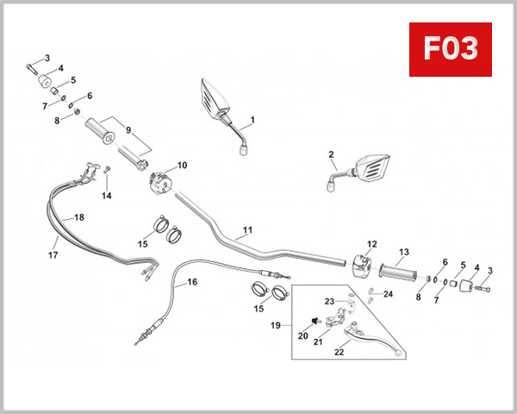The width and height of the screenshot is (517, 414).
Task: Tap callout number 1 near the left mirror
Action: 253,120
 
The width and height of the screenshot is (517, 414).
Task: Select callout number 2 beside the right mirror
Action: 331,155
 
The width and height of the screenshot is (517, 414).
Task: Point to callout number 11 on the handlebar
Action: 247,230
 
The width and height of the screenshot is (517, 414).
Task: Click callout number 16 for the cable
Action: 192,282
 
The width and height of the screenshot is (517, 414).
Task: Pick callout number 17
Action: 53,255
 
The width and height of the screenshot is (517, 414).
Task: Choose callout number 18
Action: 79,217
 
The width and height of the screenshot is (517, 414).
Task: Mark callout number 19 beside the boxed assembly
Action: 276,326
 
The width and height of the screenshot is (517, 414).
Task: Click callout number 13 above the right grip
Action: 402,253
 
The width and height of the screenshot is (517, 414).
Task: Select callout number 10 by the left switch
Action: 182,165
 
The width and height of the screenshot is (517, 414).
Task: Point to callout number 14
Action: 107,196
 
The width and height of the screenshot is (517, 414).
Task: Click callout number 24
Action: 388,294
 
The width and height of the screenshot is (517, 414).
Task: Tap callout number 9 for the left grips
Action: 128,130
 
